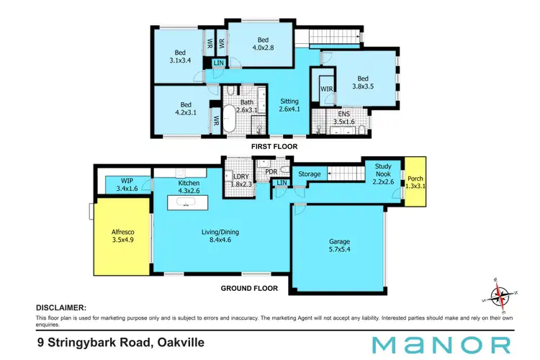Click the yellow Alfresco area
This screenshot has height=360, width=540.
(x=122, y=238)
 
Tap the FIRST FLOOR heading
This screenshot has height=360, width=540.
(x=273, y=146)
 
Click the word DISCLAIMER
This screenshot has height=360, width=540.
(x=61, y=306)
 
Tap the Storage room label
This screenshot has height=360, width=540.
(x=309, y=174)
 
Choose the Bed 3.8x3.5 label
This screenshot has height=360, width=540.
(x=363, y=84)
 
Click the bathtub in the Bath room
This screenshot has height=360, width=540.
(x=230, y=119)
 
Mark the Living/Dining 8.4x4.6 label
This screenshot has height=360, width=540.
(x=220, y=237)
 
